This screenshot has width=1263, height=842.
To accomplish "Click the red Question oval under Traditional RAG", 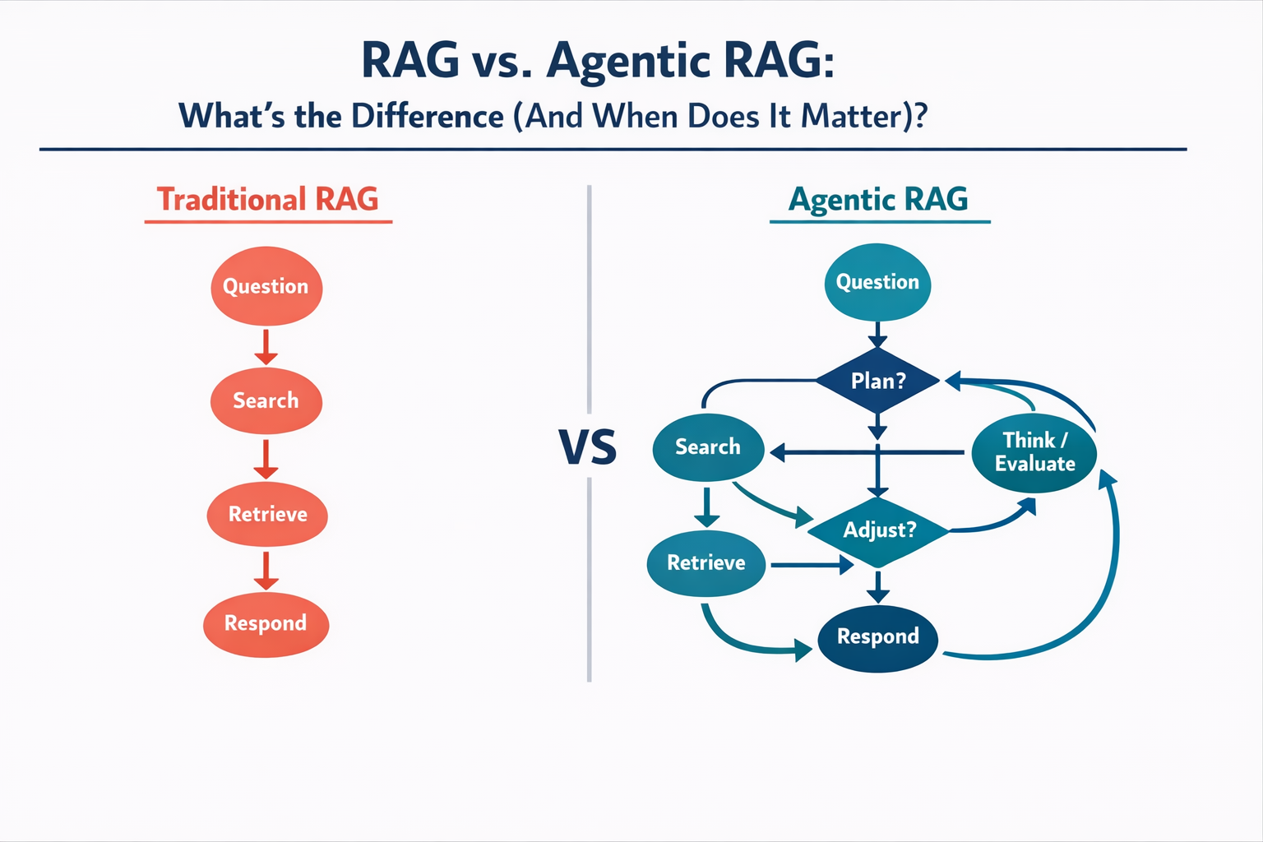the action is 266,286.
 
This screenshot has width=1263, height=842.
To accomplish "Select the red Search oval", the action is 266,400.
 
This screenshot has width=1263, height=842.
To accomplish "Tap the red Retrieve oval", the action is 267,514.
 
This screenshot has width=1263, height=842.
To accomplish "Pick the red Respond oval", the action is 266,623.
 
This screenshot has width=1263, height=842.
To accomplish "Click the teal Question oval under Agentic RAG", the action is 877,282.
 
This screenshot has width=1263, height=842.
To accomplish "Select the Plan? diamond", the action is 877,381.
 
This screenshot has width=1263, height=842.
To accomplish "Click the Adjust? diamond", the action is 878,530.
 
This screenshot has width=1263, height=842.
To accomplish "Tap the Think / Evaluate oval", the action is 1034,452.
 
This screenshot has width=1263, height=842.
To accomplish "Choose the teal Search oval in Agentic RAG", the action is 708,447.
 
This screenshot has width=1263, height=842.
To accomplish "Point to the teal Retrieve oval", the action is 706,562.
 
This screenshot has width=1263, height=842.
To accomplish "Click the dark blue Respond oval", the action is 878,636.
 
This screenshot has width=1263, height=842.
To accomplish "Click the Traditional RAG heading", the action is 267,199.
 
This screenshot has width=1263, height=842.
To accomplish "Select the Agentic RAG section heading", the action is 878,199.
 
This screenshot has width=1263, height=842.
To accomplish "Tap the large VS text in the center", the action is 588,446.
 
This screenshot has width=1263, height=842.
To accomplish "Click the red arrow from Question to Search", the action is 266,347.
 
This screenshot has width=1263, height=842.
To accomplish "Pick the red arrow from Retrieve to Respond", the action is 266,571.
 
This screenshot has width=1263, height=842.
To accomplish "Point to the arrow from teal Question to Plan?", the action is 877,335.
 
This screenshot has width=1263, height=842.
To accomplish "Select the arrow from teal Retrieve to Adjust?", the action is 812,565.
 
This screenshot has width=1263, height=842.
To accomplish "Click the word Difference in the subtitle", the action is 427,116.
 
